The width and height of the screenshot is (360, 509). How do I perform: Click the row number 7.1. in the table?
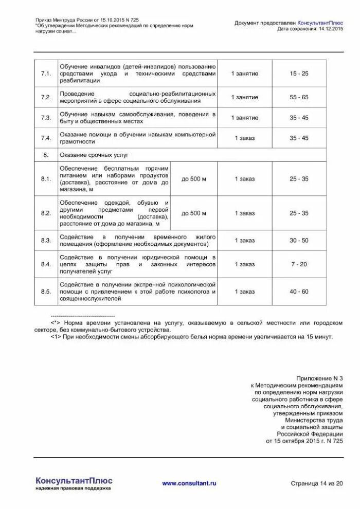46,74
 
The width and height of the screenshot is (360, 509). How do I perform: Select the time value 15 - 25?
299,74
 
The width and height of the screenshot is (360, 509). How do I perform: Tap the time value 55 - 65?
299,97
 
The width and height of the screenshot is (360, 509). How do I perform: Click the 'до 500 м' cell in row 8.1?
193,179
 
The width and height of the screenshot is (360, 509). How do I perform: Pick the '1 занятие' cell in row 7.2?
244,97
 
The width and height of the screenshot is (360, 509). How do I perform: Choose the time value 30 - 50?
299,240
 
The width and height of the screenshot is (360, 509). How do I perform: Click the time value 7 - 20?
299,264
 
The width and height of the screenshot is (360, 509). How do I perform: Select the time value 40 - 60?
299,292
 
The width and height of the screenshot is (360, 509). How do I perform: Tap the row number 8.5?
46,292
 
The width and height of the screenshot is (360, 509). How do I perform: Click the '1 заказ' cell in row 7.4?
244,138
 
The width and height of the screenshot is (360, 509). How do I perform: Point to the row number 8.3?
46,240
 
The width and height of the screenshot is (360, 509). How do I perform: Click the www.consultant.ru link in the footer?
189,483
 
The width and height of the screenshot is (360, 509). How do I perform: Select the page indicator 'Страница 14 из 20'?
316,483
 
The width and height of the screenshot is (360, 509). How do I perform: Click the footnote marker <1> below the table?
56,337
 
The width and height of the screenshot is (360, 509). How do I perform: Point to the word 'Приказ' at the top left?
45,20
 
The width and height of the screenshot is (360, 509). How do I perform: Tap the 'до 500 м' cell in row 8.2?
193,213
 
